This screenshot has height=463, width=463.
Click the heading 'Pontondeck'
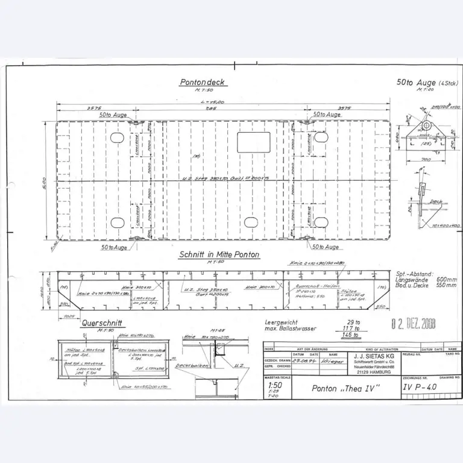(203, 83)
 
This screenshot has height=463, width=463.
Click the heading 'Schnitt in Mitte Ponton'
(219, 254)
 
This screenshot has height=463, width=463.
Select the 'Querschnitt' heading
(102, 323)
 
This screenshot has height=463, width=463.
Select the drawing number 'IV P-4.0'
(420, 389)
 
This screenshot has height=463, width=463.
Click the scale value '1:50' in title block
(276, 385)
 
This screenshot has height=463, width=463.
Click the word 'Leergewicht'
(280, 323)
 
